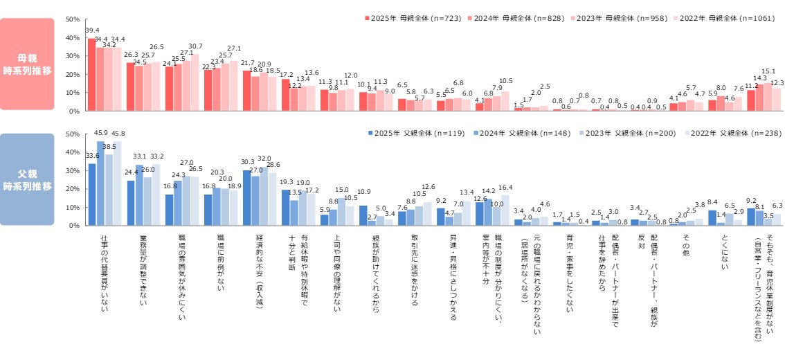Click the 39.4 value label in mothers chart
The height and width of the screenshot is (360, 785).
(x=92, y=31)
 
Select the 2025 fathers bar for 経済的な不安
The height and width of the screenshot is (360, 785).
(x=247, y=197)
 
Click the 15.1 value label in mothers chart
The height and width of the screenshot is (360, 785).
(x=768, y=71)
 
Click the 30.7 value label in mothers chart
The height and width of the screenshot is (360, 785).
(x=195, y=46)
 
